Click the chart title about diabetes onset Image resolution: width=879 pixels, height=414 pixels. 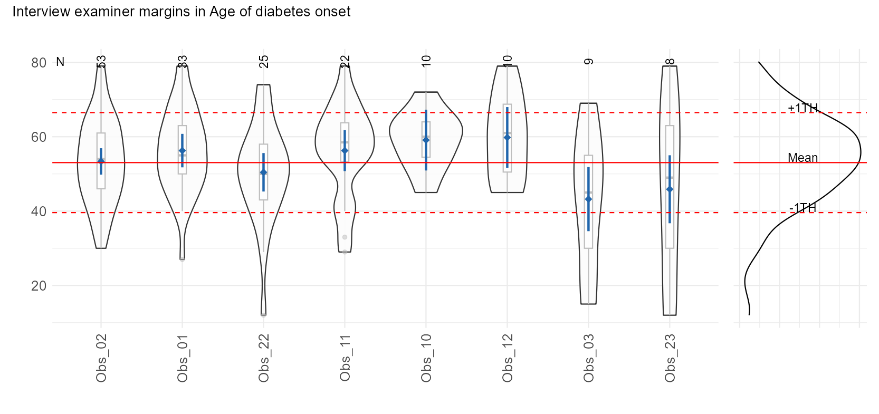click(x=181, y=12)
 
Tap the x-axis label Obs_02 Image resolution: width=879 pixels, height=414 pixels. click(x=101, y=358)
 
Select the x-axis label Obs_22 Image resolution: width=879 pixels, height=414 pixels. click(x=264, y=358)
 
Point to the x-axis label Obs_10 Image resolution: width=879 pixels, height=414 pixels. click(x=426, y=358)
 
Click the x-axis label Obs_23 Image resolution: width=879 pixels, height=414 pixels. click(x=670, y=358)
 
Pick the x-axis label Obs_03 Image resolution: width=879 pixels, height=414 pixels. click(x=589, y=358)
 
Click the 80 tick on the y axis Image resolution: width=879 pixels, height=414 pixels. click(x=39, y=63)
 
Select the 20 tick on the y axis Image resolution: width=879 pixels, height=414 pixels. click(x=39, y=286)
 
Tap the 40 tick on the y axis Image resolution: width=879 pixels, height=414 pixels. click(x=39, y=211)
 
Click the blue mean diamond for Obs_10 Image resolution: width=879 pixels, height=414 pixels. click(x=426, y=140)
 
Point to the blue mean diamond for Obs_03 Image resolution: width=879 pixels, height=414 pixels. click(x=589, y=199)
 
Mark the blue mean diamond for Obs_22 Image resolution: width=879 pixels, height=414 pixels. click(x=264, y=172)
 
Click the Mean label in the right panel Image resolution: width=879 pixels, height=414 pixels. click(x=802, y=158)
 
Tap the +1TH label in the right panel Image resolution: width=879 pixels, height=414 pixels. click(x=802, y=108)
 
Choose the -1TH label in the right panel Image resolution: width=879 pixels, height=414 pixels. click(x=802, y=208)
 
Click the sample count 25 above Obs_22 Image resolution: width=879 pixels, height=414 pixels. click(x=264, y=62)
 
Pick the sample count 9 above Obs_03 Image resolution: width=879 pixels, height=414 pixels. click(x=589, y=62)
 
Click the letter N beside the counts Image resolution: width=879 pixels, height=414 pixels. click(x=60, y=62)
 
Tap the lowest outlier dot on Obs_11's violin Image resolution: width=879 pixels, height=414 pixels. click(x=345, y=252)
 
